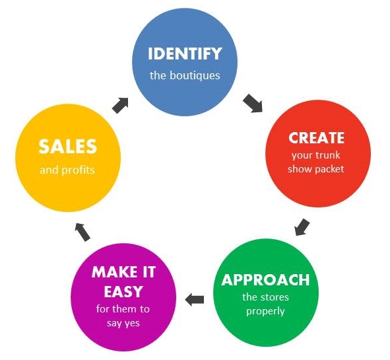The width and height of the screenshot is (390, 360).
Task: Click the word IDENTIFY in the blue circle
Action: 185,54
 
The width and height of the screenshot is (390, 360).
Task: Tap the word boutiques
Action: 195,75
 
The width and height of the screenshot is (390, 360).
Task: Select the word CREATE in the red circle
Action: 316,137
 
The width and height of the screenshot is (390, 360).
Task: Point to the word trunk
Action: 328,155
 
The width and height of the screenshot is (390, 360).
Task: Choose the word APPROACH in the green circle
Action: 265,280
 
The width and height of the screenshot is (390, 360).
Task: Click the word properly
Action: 265,311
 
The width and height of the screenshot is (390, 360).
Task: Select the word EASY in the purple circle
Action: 123,291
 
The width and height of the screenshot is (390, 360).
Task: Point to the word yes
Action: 132,324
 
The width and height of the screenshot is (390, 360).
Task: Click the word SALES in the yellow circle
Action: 68,147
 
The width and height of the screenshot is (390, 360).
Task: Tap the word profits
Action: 78,170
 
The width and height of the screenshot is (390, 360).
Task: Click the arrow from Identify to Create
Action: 253,103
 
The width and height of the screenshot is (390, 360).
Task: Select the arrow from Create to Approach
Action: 302,227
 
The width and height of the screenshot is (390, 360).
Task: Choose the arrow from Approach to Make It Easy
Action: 195,299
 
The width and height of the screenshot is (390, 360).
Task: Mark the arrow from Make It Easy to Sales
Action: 82,233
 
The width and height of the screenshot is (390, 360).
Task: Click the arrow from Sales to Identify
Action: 120,105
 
